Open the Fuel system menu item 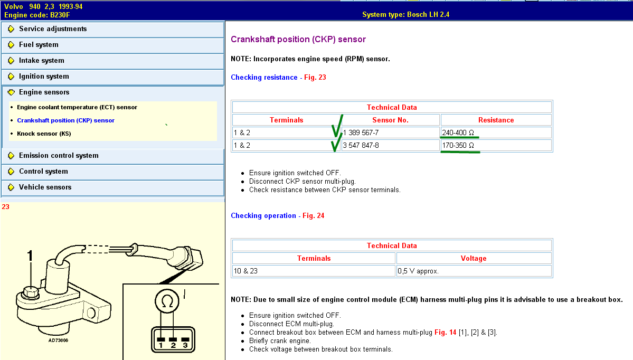tap(39, 45)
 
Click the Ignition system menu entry tap(44, 77)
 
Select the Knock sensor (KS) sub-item tap(44, 134)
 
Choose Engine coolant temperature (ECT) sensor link tap(77, 107)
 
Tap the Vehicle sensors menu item tap(45, 187)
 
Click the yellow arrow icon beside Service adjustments tap(11, 29)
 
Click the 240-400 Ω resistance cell tap(496, 133)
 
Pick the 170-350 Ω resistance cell tap(496, 145)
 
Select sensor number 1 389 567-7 tap(361, 133)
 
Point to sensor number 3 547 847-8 tap(361, 145)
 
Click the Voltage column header tap(474, 258)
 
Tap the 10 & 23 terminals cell tap(314, 271)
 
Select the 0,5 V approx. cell tap(474, 271)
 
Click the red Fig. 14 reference tap(445, 333)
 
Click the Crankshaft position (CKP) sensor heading tap(298, 40)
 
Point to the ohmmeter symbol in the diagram tap(167, 301)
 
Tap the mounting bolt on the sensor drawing tap(31, 292)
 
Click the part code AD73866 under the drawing tap(58, 340)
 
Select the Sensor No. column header tap(390, 120)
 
